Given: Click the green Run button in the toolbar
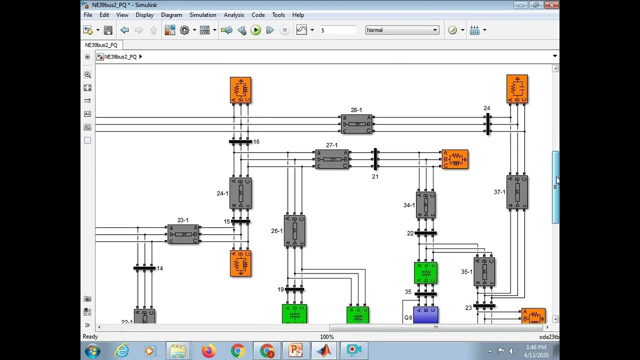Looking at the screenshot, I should coord(255,30).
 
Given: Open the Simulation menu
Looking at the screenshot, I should coord(203,15).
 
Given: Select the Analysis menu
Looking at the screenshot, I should coord(234,15).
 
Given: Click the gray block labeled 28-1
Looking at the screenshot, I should coord(356,124).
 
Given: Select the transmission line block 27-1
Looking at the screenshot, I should coord(332,159).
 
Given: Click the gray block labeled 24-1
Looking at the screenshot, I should coord(240,193).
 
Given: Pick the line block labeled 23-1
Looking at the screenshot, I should coord(183,234).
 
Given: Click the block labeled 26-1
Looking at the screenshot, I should coord(294,230).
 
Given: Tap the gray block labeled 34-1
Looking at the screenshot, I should coord(425,204).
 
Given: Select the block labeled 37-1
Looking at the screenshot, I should coord(517,192).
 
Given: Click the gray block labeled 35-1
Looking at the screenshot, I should coord(484,271).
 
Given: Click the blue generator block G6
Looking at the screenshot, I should coord(425,315).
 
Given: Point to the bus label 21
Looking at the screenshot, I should coord(375,176).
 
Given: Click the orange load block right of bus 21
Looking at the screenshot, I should coord(455,159).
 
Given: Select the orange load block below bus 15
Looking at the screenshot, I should coord(240,263).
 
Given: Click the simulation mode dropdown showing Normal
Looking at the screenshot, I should coord(402,30).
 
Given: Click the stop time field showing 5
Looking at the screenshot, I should coord(338,30).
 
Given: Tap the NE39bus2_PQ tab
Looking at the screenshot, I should coord(101,45).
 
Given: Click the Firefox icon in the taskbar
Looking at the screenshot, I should coord(208,350).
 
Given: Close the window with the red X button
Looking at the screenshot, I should coord(552,5).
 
